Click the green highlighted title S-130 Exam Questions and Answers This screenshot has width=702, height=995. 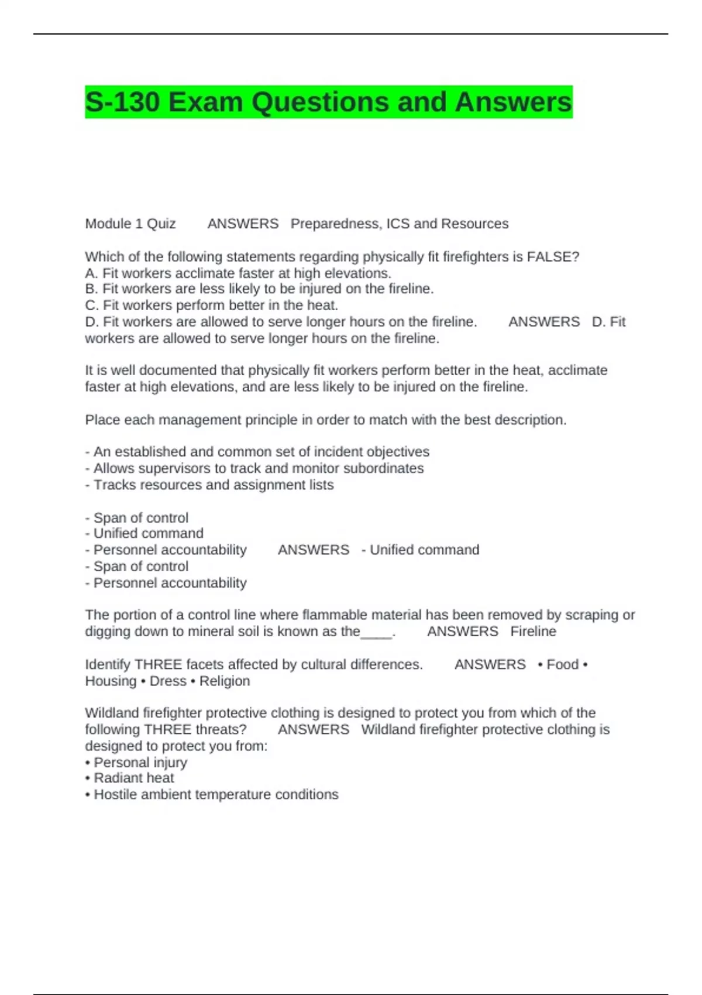click(x=328, y=102)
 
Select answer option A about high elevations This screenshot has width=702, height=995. click(x=238, y=273)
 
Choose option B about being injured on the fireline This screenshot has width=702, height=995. click(x=259, y=289)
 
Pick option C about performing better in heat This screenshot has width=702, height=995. click(x=211, y=305)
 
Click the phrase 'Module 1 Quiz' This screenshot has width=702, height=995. click(x=130, y=224)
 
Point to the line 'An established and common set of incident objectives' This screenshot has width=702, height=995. click(x=257, y=452)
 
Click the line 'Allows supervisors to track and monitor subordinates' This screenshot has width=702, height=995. click(x=254, y=468)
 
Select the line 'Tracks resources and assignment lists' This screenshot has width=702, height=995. click(x=209, y=485)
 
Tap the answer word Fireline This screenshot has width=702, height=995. click(x=533, y=632)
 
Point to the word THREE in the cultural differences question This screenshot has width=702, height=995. click(x=159, y=664)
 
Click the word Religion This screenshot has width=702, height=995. click(x=225, y=681)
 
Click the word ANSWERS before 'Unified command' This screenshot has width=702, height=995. click(x=314, y=550)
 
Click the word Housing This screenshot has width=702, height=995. click(x=111, y=681)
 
